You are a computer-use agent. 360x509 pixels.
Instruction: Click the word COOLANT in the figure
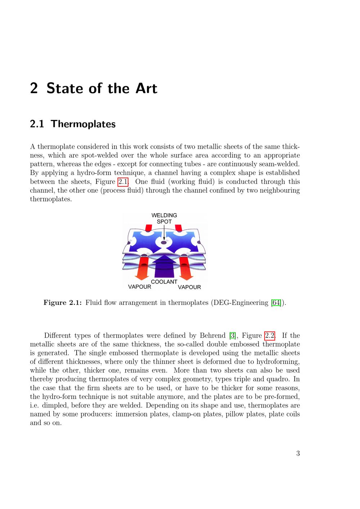[164, 281]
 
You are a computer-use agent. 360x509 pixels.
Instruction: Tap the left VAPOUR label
[140, 287]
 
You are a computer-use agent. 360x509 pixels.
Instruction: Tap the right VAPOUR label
[189, 287]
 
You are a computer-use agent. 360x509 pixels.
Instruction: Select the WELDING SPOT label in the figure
[164, 218]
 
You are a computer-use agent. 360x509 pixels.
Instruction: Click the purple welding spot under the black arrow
[164, 243]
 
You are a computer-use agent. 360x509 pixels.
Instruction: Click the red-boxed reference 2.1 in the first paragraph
[123, 182]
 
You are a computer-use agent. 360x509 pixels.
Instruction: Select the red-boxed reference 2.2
[270, 335]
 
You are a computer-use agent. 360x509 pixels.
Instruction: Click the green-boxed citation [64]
[276, 303]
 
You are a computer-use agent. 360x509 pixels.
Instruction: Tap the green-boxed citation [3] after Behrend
[233, 335]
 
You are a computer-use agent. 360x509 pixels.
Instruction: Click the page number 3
[298, 453]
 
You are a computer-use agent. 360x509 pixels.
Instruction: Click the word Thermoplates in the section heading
[83, 124]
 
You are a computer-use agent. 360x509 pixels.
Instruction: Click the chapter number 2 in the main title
[34, 88]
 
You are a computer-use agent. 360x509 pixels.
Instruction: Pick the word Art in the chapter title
[146, 88]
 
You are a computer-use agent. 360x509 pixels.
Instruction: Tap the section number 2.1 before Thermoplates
[37, 124]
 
